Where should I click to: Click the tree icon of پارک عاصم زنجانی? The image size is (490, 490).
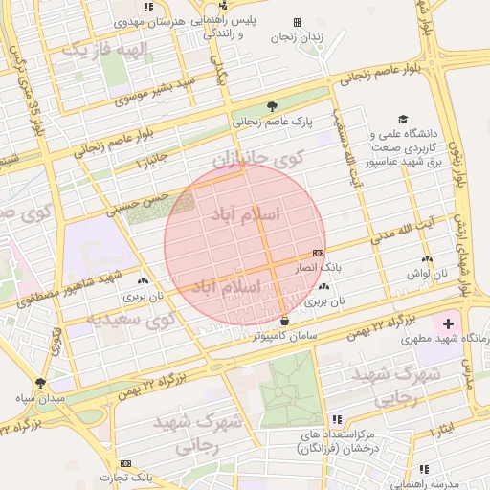pyautogui.click(x=273, y=106)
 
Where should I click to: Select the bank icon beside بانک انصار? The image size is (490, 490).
pyautogui.click(x=318, y=252)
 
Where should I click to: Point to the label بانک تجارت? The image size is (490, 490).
pyautogui.click(x=130, y=477)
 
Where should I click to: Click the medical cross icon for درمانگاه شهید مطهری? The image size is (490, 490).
pyautogui.click(x=449, y=324)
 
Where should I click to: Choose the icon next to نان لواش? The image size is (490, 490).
pyautogui.click(x=426, y=258)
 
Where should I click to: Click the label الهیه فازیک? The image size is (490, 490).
pyautogui.click(x=102, y=50)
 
